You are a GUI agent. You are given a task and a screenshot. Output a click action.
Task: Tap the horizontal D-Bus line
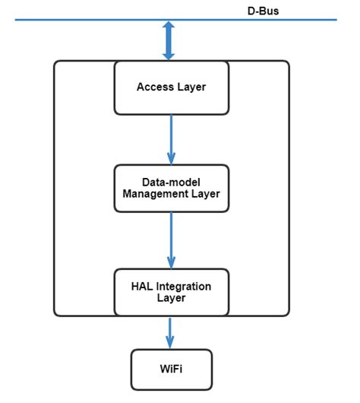point(91,20)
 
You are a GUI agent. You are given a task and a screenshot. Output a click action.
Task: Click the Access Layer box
point(171,87)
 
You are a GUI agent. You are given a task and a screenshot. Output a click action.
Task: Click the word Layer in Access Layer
point(191,87)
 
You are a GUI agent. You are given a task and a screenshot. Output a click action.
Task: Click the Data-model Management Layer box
point(171,188)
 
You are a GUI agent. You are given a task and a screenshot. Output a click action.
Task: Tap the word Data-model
point(171,182)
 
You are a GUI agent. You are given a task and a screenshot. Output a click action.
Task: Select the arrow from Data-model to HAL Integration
point(170,240)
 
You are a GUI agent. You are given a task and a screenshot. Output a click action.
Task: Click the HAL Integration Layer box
point(171,292)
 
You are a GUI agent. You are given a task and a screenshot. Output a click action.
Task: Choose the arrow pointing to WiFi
point(170,332)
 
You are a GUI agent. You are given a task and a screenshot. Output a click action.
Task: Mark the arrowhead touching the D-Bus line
point(169,27)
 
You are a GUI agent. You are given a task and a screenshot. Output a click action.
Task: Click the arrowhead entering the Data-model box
point(170,159)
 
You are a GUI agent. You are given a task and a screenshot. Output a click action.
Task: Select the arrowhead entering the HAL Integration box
point(170,262)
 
